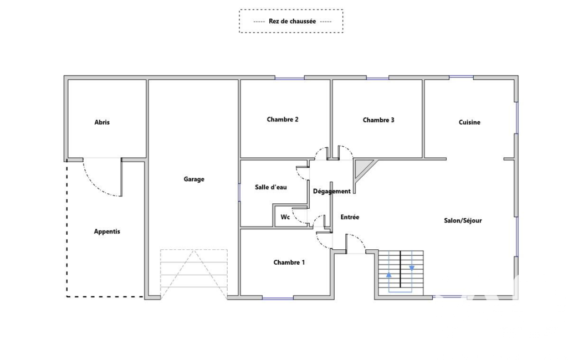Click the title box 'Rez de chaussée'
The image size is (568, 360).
291,21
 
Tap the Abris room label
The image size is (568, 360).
102,122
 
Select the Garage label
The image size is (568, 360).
194,179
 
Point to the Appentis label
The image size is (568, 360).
107,232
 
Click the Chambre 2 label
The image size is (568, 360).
283,119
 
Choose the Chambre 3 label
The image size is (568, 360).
378,120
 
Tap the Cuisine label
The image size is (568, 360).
469,122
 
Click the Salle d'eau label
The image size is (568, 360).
271,187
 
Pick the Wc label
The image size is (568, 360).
285,217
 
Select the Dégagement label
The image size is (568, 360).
332,191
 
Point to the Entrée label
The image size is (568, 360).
350,217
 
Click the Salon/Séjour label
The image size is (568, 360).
463,220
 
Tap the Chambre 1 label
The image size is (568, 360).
289,263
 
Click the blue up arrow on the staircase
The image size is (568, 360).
388,274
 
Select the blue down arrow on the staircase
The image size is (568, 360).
412,268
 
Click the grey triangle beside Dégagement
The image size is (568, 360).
362,167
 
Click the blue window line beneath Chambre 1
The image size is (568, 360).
278,299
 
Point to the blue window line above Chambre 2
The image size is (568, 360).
290,78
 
